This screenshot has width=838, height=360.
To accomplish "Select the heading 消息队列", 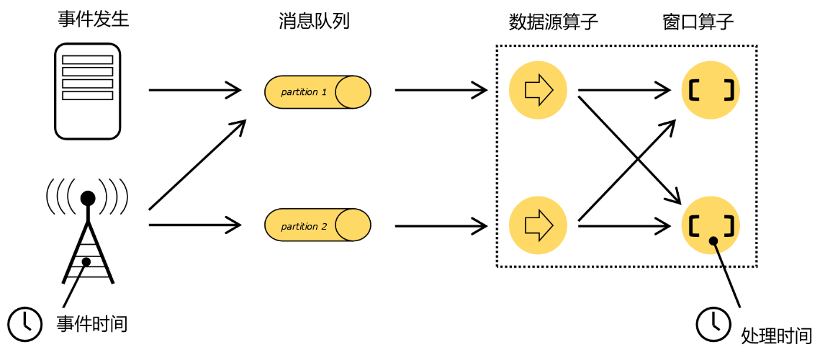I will point(314,21).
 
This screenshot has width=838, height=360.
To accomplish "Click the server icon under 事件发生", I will point(88,91).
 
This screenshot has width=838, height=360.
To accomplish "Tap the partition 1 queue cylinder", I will point(317,91).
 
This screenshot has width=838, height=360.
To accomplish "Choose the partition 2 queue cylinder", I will point(317,225).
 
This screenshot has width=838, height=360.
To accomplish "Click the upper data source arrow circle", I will point(538,90).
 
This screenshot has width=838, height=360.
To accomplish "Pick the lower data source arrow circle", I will point(538,225).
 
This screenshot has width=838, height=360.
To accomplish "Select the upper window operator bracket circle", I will point(711,90).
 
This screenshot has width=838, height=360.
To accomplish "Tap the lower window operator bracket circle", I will point(711,225).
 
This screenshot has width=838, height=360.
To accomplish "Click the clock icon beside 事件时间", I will point(25,323).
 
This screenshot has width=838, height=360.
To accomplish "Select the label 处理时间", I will point(776,335).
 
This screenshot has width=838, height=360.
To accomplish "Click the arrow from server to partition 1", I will point(194,90).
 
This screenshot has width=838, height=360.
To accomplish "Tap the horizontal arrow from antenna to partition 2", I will point(194,225).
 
